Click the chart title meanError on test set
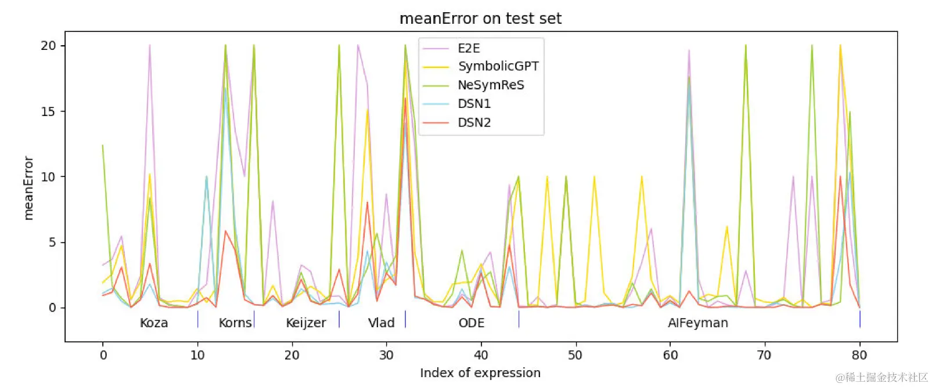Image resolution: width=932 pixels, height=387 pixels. pyautogui.click(x=480, y=19)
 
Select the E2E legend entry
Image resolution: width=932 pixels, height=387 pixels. pyautogui.click(x=469, y=48)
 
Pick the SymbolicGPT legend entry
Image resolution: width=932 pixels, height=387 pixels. pyautogui.click(x=498, y=67)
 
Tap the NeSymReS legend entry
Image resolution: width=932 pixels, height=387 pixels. pyautogui.click(x=491, y=85)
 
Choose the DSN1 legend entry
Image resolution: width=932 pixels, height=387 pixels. pyautogui.click(x=474, y=104)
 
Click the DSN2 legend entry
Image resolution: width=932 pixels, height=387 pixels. pyautogui.click(x=474, y=122)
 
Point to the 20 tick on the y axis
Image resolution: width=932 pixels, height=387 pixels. pyautogui.click(x=49, y=46)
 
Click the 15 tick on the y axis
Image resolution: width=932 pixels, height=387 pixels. pyautogui.click(x=49, y=111)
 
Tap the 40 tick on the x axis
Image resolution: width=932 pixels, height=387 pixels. pyautogui.click(x=481, y=355)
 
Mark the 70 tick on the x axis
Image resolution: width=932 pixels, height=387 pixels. pyautogui.click(x=764, y=355)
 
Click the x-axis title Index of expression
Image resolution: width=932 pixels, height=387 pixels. pyautogui.click(x=480, y=373)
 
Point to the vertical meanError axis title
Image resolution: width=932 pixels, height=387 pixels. pyautogui.click(x=28, y=188)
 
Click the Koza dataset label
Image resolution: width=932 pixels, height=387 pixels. pyautogui.click(x=154, y=323)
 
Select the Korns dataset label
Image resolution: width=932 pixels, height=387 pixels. pyautogui.click(x=235, y=323)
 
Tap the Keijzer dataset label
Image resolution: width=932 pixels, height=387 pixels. pyautogui.click(x=305, y=323)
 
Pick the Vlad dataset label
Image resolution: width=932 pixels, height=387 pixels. pyautogui.click(x=381, y=323)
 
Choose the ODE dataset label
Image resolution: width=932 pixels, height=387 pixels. pyautogui.click(x=471, y=323)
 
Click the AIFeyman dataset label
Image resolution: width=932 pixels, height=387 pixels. pyautogui.click(x=697, y=323)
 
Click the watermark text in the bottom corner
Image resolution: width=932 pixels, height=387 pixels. pyautogui.click(x=881, y=378)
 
